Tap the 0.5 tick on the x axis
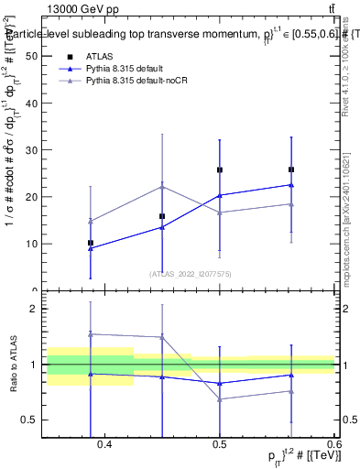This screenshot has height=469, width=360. click(220, 445)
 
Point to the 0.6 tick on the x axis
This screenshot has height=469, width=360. click(333, 445)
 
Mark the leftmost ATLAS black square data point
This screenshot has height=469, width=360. click(90, 243)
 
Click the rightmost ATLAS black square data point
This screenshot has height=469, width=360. click(291, 169)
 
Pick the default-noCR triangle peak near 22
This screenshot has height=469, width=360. click(162, 186)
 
